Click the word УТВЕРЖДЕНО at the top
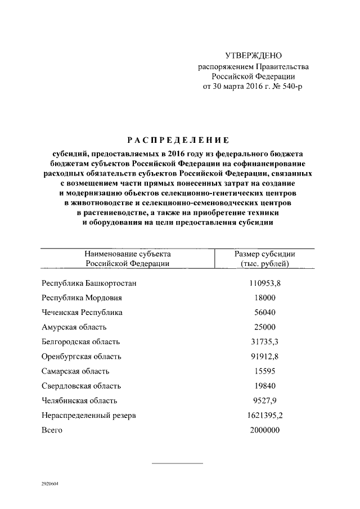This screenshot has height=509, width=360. pos(253,56)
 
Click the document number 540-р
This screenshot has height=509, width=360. pos(290,87)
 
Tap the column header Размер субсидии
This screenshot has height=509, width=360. pos(264,254)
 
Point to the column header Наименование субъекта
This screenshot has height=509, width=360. pos(127,254)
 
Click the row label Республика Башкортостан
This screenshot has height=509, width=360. pos(89,283)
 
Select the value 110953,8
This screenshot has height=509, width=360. pos(264,283)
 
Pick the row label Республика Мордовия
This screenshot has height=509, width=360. pos(82,298)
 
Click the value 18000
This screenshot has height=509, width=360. pos(264,298)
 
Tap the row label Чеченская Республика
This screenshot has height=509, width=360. pos(82,312)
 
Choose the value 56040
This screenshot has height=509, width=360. pos(264,312)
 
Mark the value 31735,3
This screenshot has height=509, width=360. pos(264,341)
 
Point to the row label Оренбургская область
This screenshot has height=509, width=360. pos(81,357)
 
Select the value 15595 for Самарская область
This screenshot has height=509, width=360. pos(264,371)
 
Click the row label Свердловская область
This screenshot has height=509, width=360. pos(81,386)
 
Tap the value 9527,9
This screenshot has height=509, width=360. pos(264,400)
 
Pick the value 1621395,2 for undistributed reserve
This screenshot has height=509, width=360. pos(264,416)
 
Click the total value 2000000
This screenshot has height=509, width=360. pos(264,430)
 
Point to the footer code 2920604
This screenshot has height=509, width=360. pos(49,483)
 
